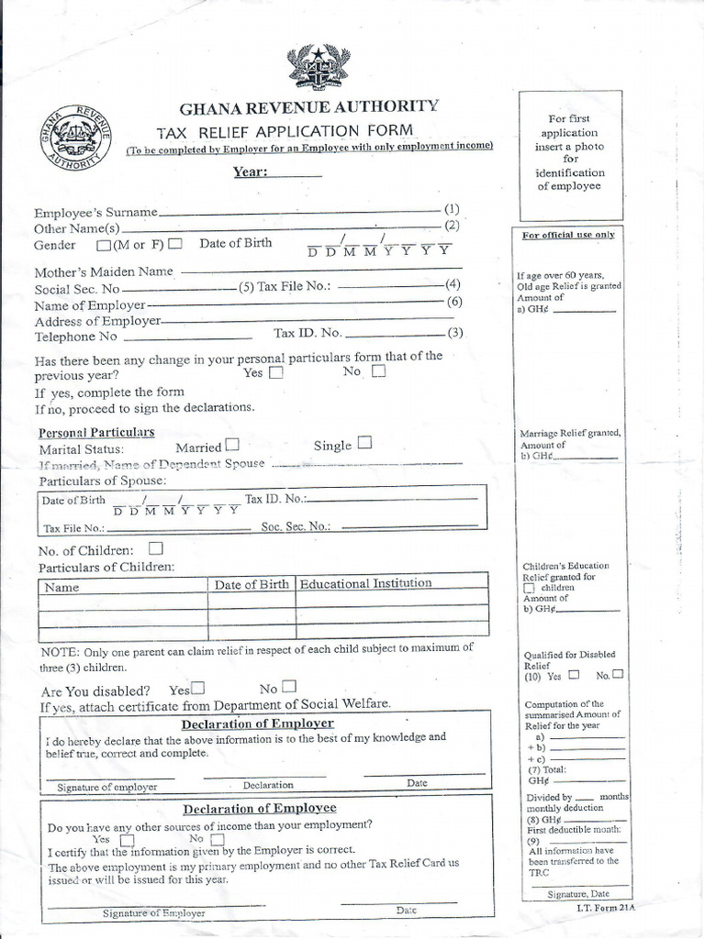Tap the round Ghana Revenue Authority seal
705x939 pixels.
pos(76,137)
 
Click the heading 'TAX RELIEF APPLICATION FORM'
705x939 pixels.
pos(284,130)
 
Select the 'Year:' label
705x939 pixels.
pos(249,171)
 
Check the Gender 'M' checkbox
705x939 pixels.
pos(102,245)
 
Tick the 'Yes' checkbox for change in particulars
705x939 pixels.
pos(275,373)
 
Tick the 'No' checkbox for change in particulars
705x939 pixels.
pos(378,372)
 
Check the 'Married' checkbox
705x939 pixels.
pos(232,445)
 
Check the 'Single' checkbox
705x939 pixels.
pos(364,443)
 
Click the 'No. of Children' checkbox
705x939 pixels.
pos(156,548)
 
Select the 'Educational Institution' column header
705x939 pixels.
pos(365,583)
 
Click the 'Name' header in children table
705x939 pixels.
pos(62,587)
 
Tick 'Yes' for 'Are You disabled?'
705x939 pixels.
pos(197,687)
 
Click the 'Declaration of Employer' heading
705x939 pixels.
pos(257,724)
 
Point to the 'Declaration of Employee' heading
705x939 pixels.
pos(260,809)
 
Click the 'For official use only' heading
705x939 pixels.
pos(568,235)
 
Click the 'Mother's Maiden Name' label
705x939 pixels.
pos(104,271)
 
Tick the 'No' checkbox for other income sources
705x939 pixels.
pos(217,839)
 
